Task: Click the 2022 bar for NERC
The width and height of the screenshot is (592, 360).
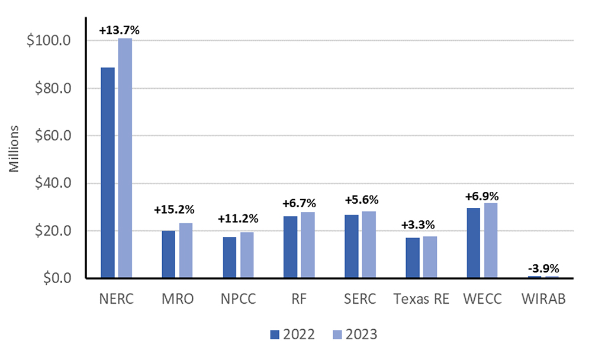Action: coord(107,172)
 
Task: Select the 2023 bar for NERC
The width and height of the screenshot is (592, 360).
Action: coord(124,158)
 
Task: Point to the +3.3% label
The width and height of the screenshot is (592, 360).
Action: coord(418,225)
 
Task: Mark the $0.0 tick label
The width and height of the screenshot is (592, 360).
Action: coord(58,278)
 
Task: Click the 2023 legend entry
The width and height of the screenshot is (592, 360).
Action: coord(353,335)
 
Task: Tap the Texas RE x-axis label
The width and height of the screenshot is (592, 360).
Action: coord(422,300)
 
